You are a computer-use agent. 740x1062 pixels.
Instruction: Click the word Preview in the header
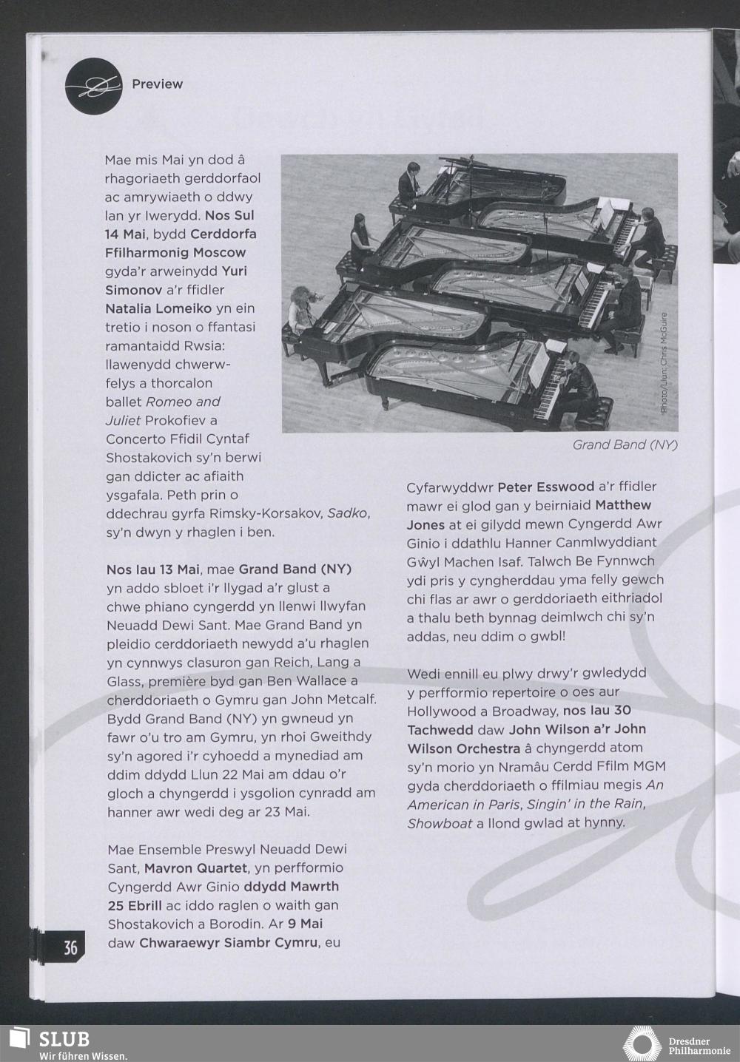click(157, 84)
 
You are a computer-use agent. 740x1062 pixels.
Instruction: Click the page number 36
click(70, 947)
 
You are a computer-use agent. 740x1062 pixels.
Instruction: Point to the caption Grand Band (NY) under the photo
click(625, 445)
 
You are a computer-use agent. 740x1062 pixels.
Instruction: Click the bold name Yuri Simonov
click(176, 280)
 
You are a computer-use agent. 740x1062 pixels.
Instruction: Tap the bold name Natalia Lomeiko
click(158, 308)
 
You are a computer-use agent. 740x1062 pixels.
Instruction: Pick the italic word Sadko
click(347, 513)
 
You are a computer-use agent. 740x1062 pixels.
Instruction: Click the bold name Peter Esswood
click(546, 487)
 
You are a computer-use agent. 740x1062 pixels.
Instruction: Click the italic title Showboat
click(440, 823)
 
